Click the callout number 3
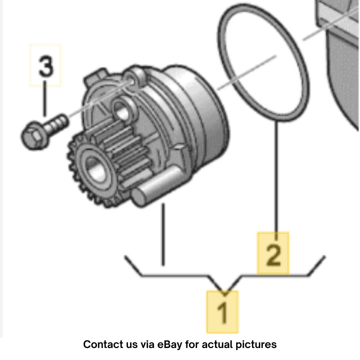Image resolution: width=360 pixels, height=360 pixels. point(46,66)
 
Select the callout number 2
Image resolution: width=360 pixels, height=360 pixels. point(273,254)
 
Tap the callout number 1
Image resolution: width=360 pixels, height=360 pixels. point(222,312)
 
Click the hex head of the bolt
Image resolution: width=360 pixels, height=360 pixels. point(34,136)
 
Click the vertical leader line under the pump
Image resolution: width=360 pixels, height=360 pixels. point(163,235)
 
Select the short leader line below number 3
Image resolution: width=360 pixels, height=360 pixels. point(45,98)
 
